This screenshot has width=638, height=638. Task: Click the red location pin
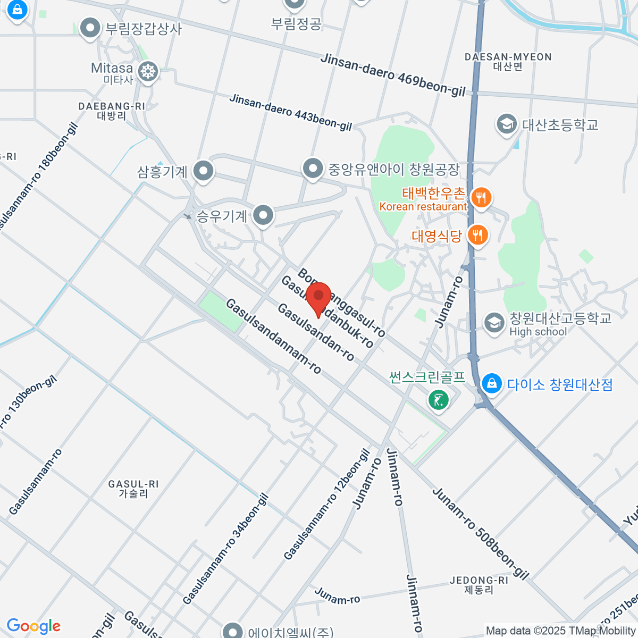pos(318,298)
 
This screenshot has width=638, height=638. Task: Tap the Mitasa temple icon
pos(148,71)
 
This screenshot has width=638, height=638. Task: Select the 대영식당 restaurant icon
pos(478,234)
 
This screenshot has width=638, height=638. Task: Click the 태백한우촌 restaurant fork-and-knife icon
pos(481,198)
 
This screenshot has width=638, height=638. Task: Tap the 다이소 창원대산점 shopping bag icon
pos(492,383)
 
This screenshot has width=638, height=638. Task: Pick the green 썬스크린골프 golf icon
pos(439,399)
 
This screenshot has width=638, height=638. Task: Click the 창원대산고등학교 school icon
pos(494,323)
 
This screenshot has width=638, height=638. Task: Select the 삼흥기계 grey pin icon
pos(203,171)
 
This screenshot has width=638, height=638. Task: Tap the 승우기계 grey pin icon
pos(263,215)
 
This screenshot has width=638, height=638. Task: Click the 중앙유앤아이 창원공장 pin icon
pos(313,169)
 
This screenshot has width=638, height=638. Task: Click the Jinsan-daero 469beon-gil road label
pos(393,74)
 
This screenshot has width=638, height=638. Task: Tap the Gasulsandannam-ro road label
pos(273,336)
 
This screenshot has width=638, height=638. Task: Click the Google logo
pos(33,626)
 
